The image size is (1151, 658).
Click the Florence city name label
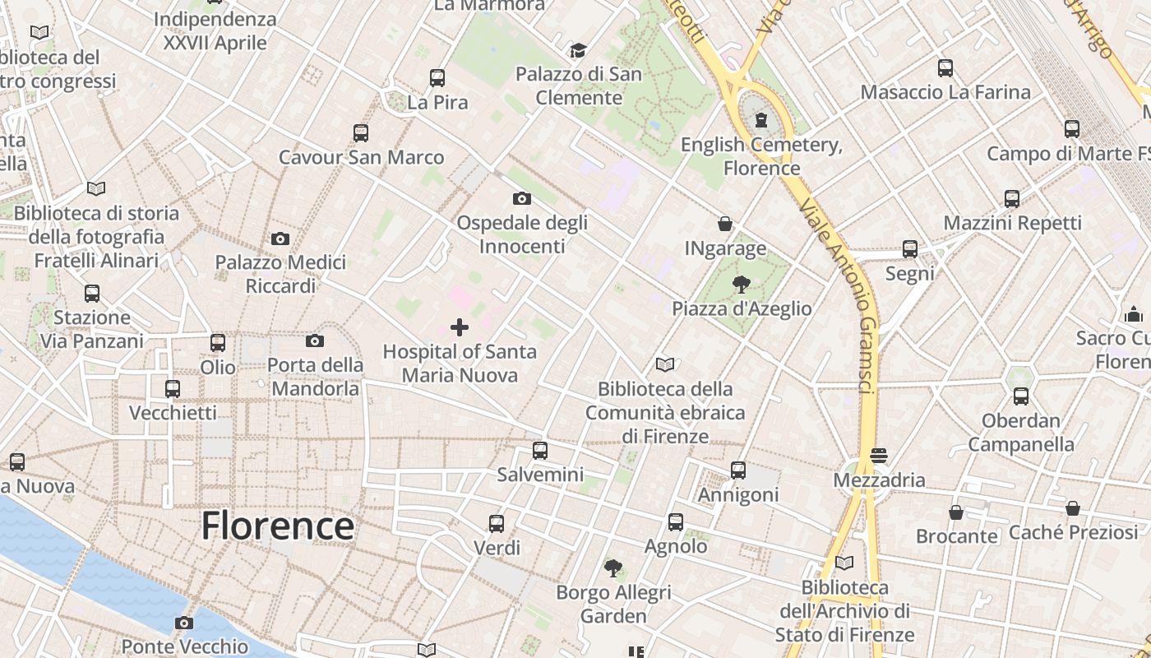pyautogui.click(x=278, y=526)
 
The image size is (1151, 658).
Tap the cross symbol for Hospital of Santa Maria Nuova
pyautogui.click(x=460, y=327)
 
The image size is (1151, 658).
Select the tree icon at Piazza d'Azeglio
pyautogui.click(x=742, y=285)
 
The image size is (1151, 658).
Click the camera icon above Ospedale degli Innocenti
pyautogui.click(x=521, y=198)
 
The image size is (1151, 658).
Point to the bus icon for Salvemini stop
pyautogui.click(x=539, y=450)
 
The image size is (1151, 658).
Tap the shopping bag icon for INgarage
pyautogui.click(x=725, y=224)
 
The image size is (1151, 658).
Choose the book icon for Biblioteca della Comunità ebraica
pyautogui.click(x=665, y=364)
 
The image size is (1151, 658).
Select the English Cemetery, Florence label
pyautogui.click(x=762, y=156)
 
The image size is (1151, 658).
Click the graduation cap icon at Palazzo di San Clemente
pyautogui.click(x=579, y=50)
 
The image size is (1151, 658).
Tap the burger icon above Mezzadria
pyautogui.click(x=879, y=455)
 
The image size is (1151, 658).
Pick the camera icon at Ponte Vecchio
pyautogui.click(x=184, y=623)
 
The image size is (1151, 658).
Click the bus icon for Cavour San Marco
pyautogui.click(x=360, y=132)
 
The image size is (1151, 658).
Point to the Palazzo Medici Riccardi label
pyautogui.click(x=280, y=274)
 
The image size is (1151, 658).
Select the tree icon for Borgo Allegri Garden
pyautogui.click(x=613, y=568)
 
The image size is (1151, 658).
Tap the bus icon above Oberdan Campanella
pyautogui.click(x=1021, y=396)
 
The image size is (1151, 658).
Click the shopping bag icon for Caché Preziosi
pyautogui.click(x=1072, y=508)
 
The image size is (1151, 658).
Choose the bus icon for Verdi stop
pyautogui.click(x=497, y=523)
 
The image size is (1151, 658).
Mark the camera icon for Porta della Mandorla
pyautogui.click(x=315, y=341)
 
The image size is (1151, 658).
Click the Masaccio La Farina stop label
pyautogui.click(x=945, y=92)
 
